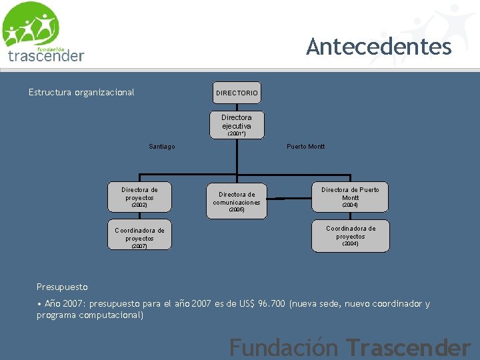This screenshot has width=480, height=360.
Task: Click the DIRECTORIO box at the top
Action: [237, 93]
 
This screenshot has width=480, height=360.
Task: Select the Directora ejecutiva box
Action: [237, 123]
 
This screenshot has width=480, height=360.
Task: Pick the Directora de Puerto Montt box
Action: [350, 197]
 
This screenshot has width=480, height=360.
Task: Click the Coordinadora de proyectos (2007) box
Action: [139, 235]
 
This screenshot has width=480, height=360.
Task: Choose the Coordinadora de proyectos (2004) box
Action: [350, 236]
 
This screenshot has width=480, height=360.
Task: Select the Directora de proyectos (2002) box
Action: [139, 196]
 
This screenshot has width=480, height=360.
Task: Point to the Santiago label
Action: [162, 147]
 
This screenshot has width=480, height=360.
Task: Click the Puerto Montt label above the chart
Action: [305, 147]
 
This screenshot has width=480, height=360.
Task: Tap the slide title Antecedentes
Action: [379, 47]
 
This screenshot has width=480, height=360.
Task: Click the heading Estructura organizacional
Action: [81, 92]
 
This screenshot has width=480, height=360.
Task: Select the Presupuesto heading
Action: [62, 287]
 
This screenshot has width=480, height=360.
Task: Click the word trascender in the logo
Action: [46, 56]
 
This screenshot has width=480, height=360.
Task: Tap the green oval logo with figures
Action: [30, 25]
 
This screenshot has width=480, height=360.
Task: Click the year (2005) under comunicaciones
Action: [237, 210]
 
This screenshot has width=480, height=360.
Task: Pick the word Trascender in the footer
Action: [408, 347]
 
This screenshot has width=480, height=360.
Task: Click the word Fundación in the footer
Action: [285, 347]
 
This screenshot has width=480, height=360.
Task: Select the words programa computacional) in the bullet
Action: [90, 315]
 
